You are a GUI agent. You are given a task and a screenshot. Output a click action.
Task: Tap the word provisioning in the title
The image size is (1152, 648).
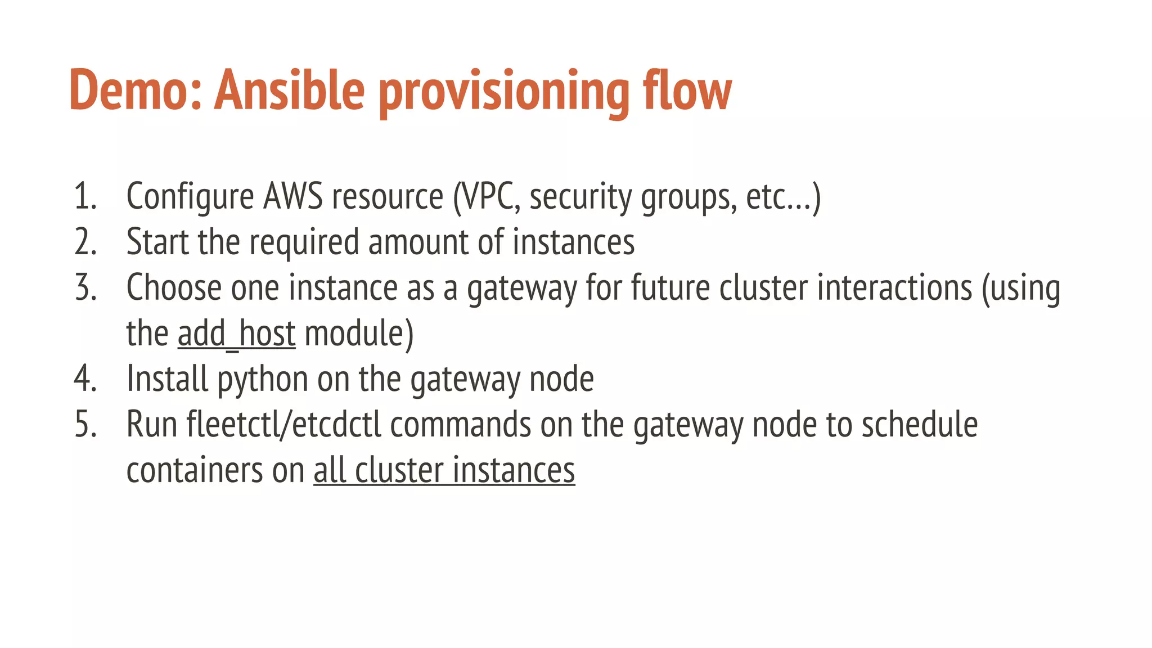tap(504, 93)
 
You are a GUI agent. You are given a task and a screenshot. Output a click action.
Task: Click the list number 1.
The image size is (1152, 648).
tap(84, 197)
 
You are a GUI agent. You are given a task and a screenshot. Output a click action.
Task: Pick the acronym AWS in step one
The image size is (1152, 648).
tap(293, 197)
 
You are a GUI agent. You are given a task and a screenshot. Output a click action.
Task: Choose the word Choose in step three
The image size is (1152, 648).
tap(174, 287)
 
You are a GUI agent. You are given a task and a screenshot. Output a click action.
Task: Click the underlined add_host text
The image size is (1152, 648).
tap(236, 334)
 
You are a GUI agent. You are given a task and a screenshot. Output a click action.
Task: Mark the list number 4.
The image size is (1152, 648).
tap(85, 379)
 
